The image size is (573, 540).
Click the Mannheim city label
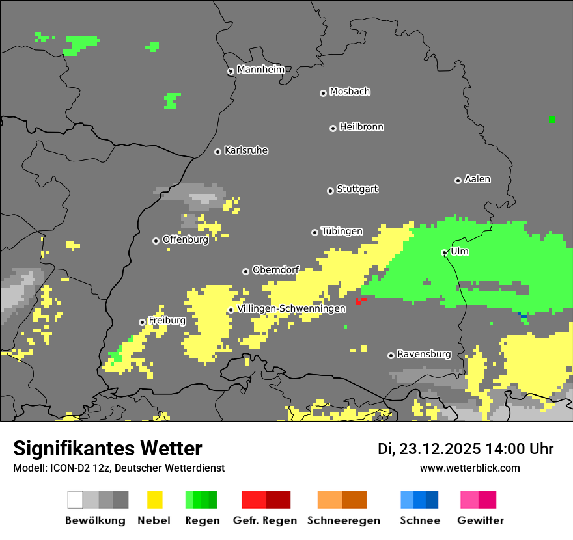pos(260,70)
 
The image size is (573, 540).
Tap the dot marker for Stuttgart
pos(330,191)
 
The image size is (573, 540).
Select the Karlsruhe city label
pos(245,150)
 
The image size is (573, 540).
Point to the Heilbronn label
pos(361,127)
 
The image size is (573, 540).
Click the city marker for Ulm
pos(445,252)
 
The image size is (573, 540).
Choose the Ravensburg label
pos(424,354)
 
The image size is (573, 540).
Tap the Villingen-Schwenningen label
pos(291,308)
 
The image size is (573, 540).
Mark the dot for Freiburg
pos(142,322)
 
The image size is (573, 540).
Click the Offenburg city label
pos(185,239)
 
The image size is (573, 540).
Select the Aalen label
pos(477,179)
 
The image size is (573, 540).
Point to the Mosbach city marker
pos(323,93)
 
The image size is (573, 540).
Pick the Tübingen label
pos(342,231)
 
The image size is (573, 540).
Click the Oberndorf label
pos(275,269)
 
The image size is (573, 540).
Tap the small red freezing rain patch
pos(359,301)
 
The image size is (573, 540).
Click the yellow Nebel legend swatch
pos(154,500)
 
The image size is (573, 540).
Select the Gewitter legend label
pos(480,520)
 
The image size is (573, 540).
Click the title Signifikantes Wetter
pos(107,448)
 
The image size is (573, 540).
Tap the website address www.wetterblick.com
pos(469,468)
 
